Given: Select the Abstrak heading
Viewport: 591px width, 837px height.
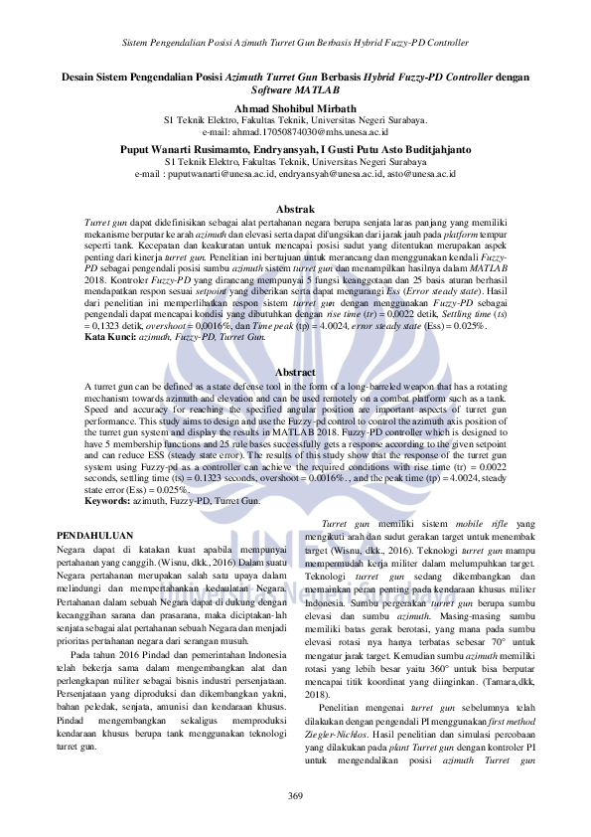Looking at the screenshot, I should click(295, 210).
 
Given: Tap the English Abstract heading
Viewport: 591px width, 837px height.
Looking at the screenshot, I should click(295, 372).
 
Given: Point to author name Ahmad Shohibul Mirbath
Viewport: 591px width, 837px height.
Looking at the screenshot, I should click(295, 107).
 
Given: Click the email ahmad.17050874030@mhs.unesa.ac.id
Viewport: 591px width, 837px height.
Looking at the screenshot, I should click(295, 131).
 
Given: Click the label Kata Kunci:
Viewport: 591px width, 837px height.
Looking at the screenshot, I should click(109, 338).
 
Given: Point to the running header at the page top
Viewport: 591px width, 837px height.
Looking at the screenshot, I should click(295, 44).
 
